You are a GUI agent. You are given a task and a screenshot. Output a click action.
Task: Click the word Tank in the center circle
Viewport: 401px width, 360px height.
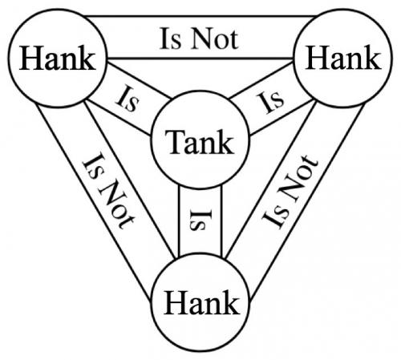(200, 142)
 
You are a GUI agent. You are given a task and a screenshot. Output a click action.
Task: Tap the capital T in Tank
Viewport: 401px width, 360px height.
(174, 142)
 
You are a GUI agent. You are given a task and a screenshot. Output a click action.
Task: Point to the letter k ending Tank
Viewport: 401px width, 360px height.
(226, 142)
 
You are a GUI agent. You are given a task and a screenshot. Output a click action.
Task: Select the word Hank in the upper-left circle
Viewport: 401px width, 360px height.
(58, 58)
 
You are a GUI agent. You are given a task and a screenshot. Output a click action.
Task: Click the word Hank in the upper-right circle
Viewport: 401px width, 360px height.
(343, 58)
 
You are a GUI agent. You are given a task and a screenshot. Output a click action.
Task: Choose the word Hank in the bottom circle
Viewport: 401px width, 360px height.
(202, 302)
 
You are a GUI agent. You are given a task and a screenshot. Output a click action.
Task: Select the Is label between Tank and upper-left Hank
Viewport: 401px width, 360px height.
(128, 99)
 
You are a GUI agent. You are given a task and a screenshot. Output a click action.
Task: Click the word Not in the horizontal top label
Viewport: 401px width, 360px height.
(215, 39)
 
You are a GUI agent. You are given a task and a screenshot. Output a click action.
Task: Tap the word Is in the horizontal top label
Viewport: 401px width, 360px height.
(170, 39)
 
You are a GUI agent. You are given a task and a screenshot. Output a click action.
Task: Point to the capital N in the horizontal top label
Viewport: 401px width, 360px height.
(202, 39)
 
